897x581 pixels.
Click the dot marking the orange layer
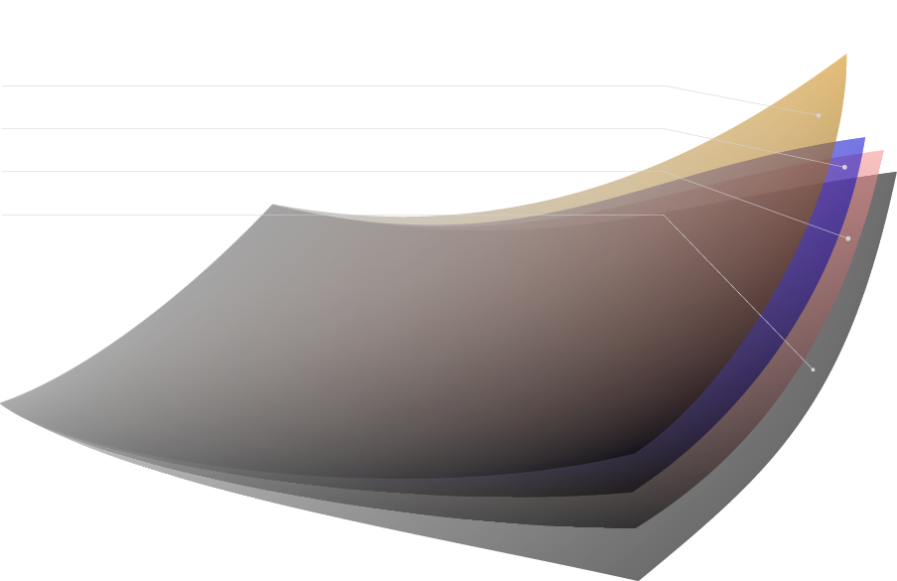(819, 115)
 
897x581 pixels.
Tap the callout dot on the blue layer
(844, 167)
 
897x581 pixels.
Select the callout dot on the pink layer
(847, 238)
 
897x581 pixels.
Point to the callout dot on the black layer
(813, 369)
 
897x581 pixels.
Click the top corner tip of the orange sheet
(846, 54)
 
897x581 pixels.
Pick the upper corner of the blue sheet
(864, 137)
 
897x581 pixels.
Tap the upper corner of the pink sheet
(882, 151)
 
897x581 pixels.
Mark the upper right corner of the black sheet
(896, 172)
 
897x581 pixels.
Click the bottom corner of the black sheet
(637, 579)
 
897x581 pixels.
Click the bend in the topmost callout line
(666, 85)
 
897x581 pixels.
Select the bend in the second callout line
(664, 128)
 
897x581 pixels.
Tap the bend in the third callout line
(662, 171)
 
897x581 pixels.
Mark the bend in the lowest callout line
(664, 215)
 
